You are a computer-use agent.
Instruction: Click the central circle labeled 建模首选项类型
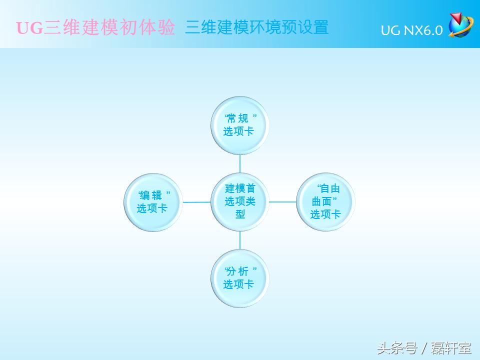pyautogui.click(x=240, y=201)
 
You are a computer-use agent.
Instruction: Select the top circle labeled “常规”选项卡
pyautogui.click(x=240, y=125)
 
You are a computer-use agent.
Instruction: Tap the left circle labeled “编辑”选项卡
pyautogui.click(x=153, y=201)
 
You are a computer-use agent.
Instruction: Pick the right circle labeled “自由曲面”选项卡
pyautogui.click(x=325, y=201)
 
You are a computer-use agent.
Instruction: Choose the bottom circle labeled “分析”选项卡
pyautogui.click(x=240, y=278)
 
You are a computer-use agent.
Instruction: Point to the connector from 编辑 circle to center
pyautogui.click(x=196, y=202)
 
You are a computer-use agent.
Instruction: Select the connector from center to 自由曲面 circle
pyautogui.click(x=283, y=202)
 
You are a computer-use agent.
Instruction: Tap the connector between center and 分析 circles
pyautogui.click(x=240, y=240)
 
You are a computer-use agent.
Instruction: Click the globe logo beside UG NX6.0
pyautogui.click(x=460, y=25)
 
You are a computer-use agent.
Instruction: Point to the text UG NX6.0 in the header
pyautogui.click(x=411, y=30)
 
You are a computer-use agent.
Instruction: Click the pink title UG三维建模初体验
pyautogui.click(x=95, y=28)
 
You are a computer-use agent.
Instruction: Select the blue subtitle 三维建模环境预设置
pyautogui.click(x=256, y=27)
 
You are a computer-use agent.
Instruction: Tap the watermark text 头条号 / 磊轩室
pyautogui.click(x=424, y=346)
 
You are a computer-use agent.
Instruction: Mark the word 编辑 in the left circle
pyautogui.click(x=152, y=195)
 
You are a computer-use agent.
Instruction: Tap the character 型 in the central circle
pyautogui.click(x=240, y=214)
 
